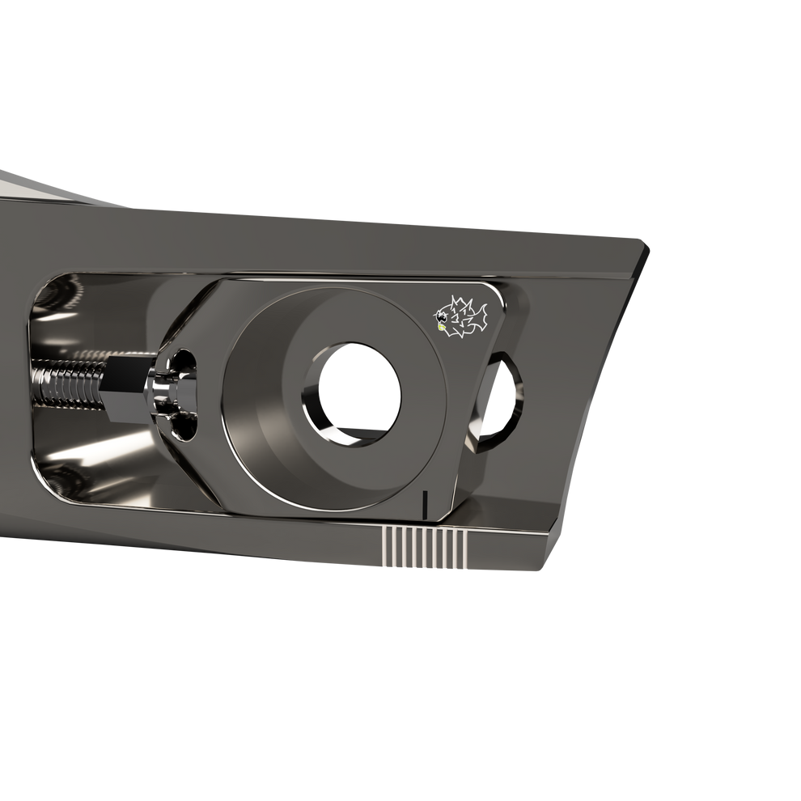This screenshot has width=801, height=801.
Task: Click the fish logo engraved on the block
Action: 462,316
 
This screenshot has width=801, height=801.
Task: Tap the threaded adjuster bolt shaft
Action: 69,379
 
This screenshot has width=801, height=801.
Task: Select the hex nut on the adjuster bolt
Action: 125,380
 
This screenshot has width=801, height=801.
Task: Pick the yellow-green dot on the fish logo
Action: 441,328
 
